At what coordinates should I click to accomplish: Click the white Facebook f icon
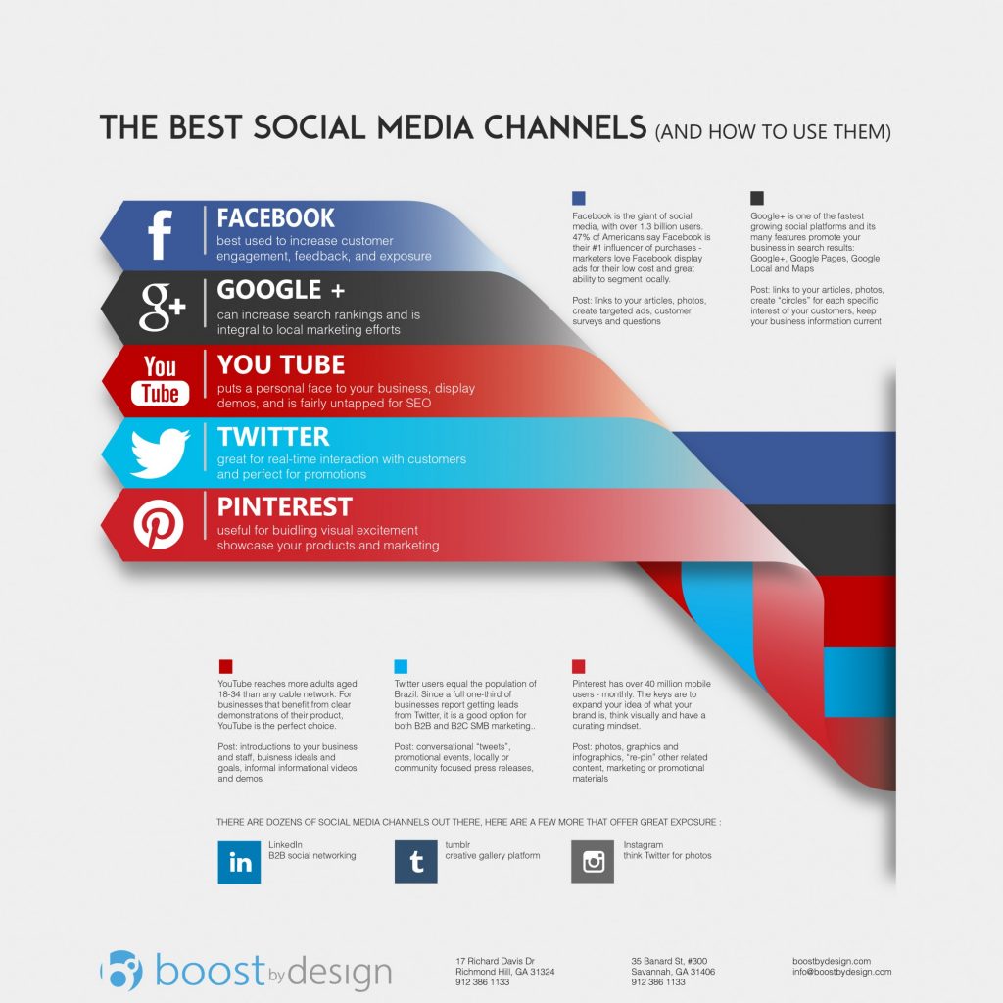click(x=160, y=235)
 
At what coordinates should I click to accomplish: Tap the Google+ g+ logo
click(x=163, y=307)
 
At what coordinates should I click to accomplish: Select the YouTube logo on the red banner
click(x=160, y=381)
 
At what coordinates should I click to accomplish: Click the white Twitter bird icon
click(x=160, y=453)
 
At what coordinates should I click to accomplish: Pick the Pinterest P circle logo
click(x=159, y=524)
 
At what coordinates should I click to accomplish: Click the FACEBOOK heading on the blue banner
click(x=275, y=218)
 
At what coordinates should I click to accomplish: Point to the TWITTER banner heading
click(x=273, y=437)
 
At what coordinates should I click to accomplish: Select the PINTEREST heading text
click(x=285, y=507)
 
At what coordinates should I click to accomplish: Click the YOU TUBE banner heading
click(x=281, y=364)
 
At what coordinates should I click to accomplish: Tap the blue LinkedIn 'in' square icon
click(x=239, y=862)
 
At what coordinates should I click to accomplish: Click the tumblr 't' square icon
click(x=415, y=862)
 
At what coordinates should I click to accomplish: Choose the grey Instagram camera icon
click(x=593, y=862)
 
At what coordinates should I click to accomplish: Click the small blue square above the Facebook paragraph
click(x=579, y=198)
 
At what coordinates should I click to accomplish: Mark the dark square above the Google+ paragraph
click(x=757, y=198)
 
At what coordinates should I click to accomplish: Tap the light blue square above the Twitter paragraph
click(x=401, y=666)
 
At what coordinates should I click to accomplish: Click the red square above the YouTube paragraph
click(x=226, y=666)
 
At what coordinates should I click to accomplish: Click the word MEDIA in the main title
click(x=425, y=127)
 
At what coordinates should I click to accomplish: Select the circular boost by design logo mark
click(x=120, y=970)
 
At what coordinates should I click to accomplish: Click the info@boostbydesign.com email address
click(x=841, y=972)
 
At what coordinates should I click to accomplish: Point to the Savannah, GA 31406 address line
click(x=673, y=972)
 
